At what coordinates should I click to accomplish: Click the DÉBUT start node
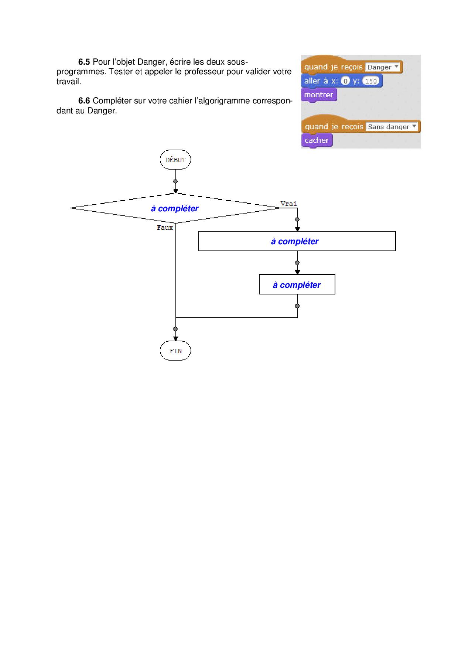click(175, 160)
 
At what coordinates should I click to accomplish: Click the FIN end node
click(175, 351)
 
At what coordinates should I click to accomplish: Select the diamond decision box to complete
click(175, 208)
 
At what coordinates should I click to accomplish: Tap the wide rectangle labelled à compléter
click(297, 241)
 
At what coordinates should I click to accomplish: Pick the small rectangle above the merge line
click(297, 284)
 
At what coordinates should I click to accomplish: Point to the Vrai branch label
click(288, 204)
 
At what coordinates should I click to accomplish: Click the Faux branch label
click(165, 228)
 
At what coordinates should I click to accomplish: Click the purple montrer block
click(319, 95)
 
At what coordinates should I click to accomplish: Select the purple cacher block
click(317, 140)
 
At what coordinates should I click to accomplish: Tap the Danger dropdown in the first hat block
click(383, 67)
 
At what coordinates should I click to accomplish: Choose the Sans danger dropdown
click(392, 127)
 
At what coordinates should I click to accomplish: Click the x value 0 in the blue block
click(345, 81)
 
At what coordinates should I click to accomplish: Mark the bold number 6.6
click(84, 101)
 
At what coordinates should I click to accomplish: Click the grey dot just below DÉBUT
click(175, 181)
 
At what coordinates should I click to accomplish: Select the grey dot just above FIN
click(175, 329)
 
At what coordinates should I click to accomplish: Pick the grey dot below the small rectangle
click(297, 306)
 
